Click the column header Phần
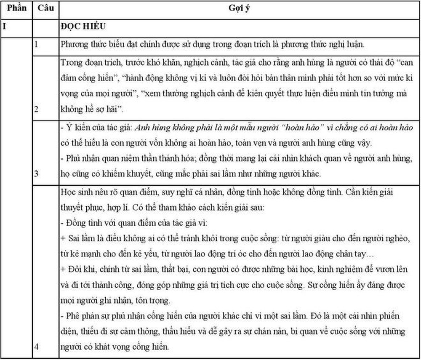[x=17, y=8]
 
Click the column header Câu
[x=45, y=8]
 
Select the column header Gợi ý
[x=238, y=9]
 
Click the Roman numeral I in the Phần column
[x=5, y=26]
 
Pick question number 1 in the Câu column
[x=37, y=44]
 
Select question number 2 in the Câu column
[x=37, y=109]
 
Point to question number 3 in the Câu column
[x=37, y=173]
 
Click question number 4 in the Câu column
[x=37, y=347]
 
